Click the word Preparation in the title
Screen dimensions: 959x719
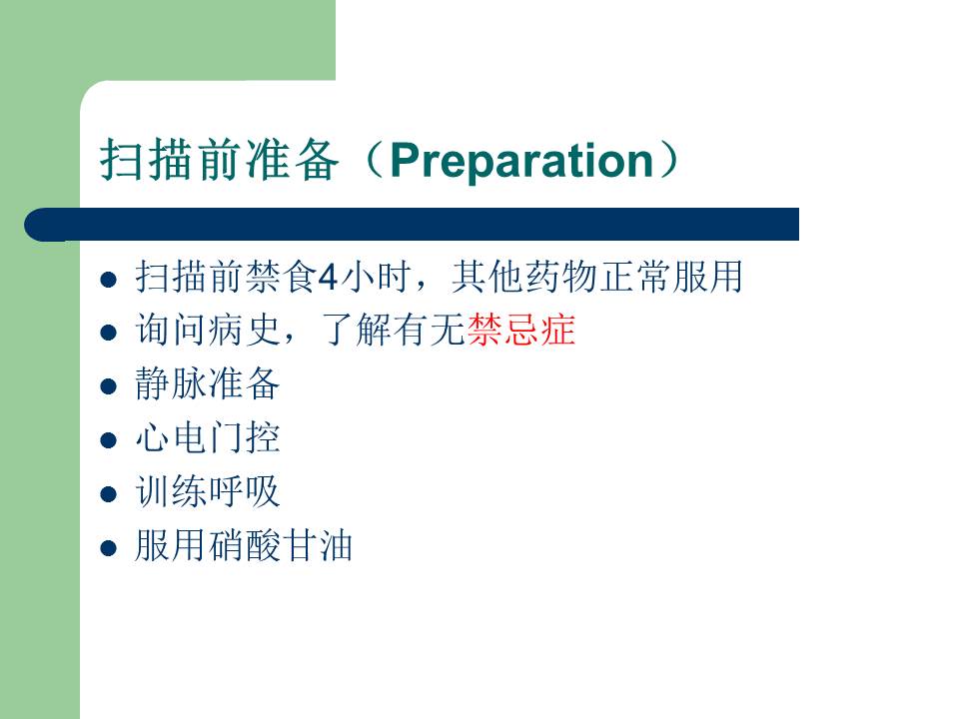521,162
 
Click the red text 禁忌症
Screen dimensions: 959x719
521,330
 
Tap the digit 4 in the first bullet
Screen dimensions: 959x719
328,277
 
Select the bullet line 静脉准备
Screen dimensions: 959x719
208,383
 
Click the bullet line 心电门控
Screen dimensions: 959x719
208,437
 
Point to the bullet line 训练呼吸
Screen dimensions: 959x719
208,491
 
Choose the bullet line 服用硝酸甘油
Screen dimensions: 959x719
244,545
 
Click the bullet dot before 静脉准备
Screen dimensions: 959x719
108,386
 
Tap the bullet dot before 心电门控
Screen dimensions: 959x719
108,440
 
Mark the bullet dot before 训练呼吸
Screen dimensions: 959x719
108,494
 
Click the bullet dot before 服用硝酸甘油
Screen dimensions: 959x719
108,548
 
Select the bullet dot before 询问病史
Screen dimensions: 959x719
108,333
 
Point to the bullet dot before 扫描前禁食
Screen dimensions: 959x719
108,280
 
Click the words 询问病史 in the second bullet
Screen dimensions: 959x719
208,330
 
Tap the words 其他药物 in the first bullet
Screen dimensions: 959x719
524,277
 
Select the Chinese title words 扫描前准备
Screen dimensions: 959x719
220,160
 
